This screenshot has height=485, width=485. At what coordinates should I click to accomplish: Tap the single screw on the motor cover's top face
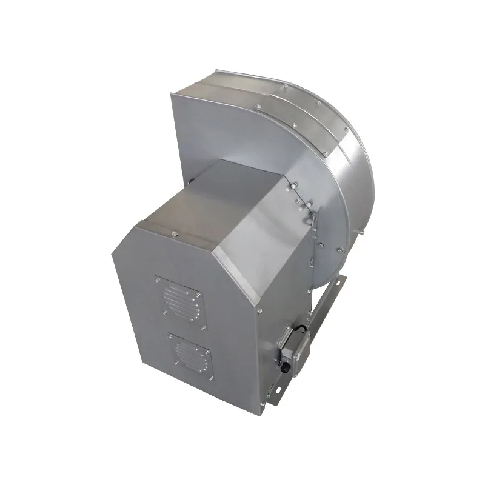point(174,232)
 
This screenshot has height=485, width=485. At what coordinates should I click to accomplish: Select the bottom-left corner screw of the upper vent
point(165,313)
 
